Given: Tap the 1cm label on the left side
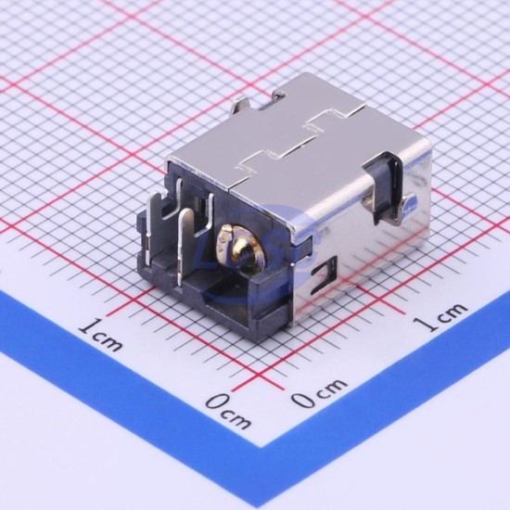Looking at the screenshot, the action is click(101, 336).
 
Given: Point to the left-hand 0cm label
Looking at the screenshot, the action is click(229, 411).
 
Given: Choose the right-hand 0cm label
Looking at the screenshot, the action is click(319, 393).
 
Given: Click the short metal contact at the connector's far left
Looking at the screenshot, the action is click(154, 224).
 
